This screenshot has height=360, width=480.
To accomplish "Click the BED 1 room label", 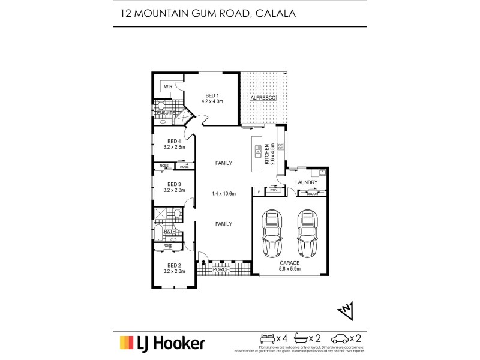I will [x=212, y=95].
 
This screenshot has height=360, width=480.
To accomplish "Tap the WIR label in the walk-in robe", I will [x=168, y=86].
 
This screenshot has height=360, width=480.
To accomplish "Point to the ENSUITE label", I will [x=164, y=113].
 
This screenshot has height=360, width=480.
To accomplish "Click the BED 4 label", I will [x=174, y=141].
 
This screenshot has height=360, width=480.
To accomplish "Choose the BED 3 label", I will [x=174, y=184].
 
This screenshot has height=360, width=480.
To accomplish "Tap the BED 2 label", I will [x=174, y=265].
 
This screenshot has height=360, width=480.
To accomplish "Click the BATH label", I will [x=169, y=232].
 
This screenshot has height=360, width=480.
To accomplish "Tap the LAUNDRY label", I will [x=306, y=182].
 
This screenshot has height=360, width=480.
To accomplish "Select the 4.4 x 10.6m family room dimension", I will [x=223, y=193].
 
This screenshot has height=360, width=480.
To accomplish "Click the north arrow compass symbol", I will [x=346, y=310].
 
